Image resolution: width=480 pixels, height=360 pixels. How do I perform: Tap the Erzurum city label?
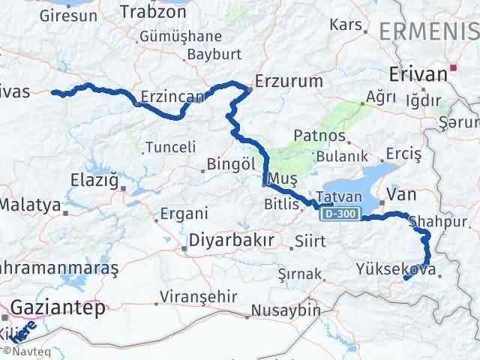[x=289, y=80]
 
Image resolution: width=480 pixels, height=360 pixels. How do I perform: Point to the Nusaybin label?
[x=285, y=310]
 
